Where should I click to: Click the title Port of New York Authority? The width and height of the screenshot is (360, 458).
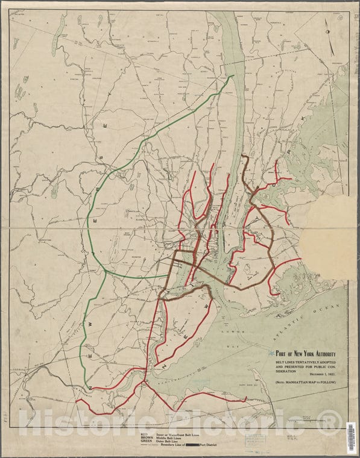click(305, 354)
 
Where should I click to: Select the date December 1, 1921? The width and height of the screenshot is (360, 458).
click(319, 375)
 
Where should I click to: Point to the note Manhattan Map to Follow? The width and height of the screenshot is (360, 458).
click(306, 383)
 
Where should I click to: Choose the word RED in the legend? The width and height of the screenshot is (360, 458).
click(144, 434)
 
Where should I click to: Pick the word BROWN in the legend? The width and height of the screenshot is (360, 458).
click(147, 438)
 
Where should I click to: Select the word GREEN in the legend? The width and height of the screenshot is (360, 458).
click(147, 442)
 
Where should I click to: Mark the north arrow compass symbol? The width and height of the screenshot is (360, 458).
click(329, 30)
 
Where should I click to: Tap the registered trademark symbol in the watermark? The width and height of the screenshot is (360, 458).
click(329, 422)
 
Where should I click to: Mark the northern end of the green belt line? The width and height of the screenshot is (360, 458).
click(233, 76)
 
